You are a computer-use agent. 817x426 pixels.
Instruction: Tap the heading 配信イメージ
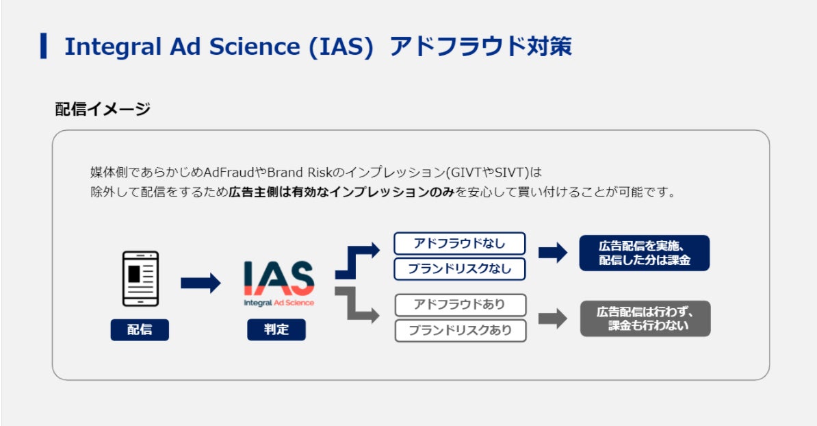pos(102,108)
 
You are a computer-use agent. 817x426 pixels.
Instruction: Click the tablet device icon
pos(140,279)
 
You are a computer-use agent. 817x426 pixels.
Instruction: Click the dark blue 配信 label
pos(140,330)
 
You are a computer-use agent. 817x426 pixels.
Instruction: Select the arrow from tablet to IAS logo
pos(200,283)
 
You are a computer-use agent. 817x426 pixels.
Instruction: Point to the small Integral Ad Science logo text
pos(279,303)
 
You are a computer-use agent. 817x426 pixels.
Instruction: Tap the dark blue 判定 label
pos(276,330)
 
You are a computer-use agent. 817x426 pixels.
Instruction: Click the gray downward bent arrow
pos(355,304)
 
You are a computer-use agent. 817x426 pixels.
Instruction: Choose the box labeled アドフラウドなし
pos(459,244)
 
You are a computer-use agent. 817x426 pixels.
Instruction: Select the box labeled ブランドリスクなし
pos(459,269)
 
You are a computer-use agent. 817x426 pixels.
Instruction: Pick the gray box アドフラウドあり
pos(460,304)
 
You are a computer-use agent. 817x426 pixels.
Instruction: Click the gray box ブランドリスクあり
pos(460,330)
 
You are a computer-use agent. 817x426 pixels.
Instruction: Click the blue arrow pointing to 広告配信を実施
pos(553,253)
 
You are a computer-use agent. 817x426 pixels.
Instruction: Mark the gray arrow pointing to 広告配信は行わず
pos(553,318)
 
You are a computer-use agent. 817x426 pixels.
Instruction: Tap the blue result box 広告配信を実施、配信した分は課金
pos(644,253)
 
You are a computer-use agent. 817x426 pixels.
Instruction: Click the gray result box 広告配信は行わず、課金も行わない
pos(645,318)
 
